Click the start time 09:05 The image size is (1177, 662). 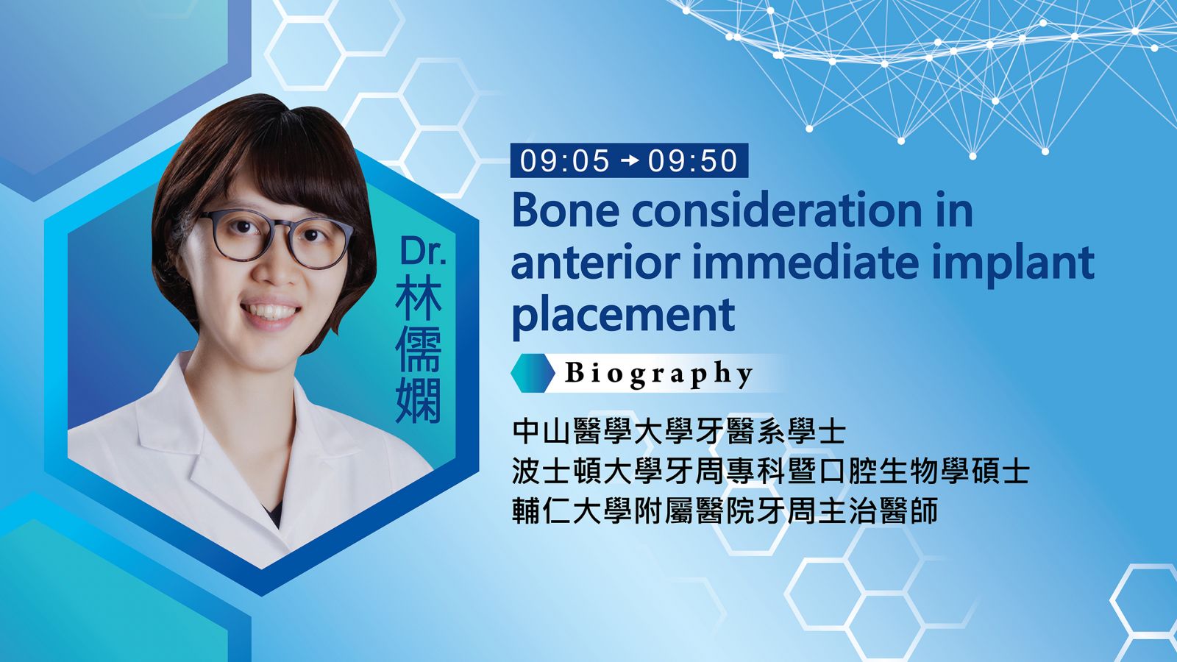[x=565, y=161]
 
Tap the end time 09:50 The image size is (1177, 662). [x=692, y=161]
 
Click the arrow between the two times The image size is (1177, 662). [x=629, y=161]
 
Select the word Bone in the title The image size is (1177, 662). [x=566, y=210]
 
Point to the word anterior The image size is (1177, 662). [x=595, y=262]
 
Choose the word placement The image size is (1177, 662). [x=623, y=316]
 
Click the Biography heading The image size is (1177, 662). [x=659, y=374]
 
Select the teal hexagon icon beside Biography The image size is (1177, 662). [x=533, y=373]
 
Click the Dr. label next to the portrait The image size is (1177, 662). [x=423, y=251]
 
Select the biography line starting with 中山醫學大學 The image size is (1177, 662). [x=679, y=432]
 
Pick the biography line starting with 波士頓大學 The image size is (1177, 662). [x=770, y=471]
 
